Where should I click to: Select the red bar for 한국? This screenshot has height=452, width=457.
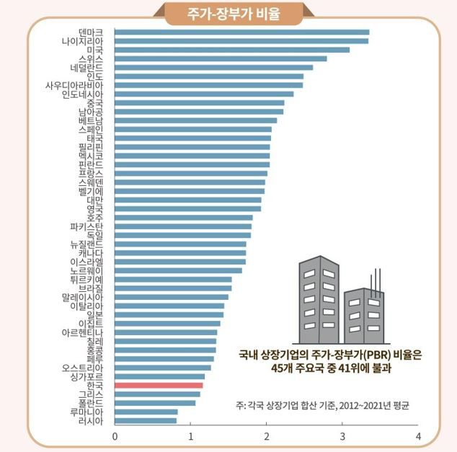pyautogui.click(x=159, y=386)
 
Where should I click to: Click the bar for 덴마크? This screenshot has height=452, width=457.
pyautogui.click(x=241, y=32)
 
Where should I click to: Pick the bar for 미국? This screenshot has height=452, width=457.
pyautogui.click(x=231, y=50)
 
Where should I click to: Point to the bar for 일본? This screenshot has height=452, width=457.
pyautogui.click(x=169, y=314)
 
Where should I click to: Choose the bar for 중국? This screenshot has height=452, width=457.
pyautogui.click(x=199, y=103)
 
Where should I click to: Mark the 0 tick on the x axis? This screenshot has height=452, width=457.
pyautogui.click(x=115, y=436)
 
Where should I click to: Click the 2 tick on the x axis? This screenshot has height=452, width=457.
pyautogui.click(x=267, y=436)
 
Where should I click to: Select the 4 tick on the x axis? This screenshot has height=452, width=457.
pyautogui.click(x=418, y=436)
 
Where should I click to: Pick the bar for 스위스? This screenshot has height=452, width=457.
pyautogui.click(x=221, y=58)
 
